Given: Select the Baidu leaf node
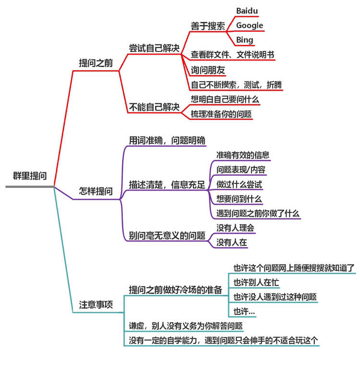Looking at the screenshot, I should pos(248,10).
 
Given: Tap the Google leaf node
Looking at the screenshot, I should pos(250,25).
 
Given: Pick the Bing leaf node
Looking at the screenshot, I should pos(245,40).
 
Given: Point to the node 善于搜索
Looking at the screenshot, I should pos(207,25).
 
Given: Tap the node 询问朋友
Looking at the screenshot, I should pos(208,70).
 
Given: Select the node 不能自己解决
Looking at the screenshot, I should pos(154,108).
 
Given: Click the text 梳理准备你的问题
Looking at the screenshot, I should pos(221,114).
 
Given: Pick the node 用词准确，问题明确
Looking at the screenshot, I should pos(167,141).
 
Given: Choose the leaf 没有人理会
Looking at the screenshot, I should pos(235,228).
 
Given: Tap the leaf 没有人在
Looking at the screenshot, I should pos(232,242).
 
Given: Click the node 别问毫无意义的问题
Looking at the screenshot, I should pos(167,235).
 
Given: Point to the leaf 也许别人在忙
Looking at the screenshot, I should pos(256,282).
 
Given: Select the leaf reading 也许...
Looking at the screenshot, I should pos(244,312).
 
